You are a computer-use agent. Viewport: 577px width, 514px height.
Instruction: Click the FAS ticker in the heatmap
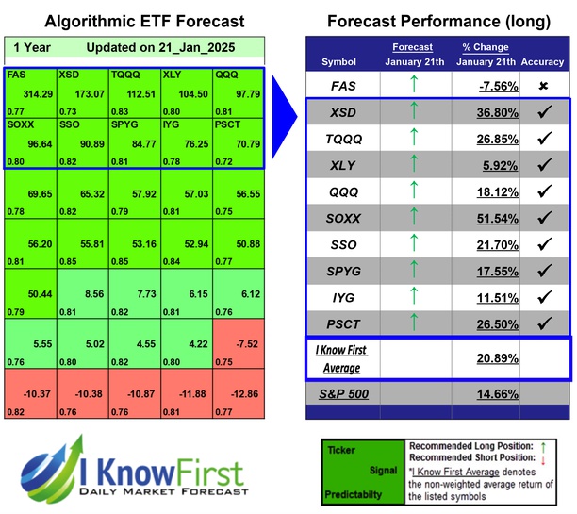pyautogui.click(x=15, y=75)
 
